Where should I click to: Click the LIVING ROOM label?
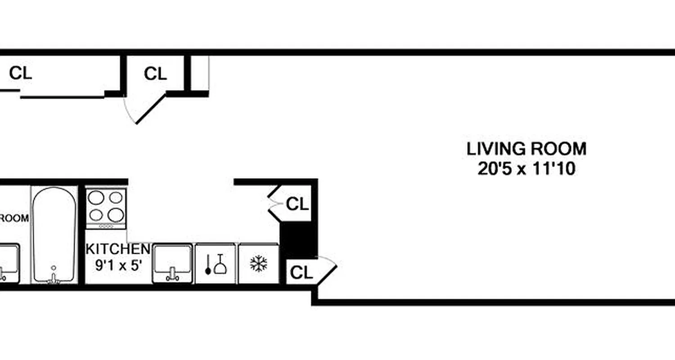pyautogui.click(x=526, y=148)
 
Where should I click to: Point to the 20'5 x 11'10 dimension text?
pyautogui.click(x=526, y=170)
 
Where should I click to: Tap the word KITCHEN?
pyautogui.click(x=117, y=249)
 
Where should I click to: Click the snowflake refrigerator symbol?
pyautogui.click(x=258, y=264)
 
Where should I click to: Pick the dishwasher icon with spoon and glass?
pyautogui.click(x=215, y=264)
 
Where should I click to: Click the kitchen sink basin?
pyautogui.click(x=172, y=259)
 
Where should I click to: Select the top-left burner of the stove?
pyautogui.click(x=96, y=197)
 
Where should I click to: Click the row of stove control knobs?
pyautogui.click(x=106, y=226)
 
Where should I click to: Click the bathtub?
pyautogui.click(x=54, y=234)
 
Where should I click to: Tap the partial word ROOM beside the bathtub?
pyautogui.click(x=13, y=219)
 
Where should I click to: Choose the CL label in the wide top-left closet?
pyautogui.click(x=21, y=73)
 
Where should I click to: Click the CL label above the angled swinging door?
pyautogui.click(x=155, y=74)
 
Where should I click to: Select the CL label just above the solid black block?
pyautogui.click(x=297, y=205)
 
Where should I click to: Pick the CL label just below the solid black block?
pyautogui.click(x=301, y=273)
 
